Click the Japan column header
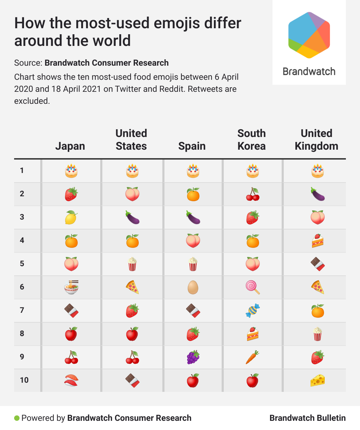tap(70, 146)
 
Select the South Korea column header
tap(251, 140)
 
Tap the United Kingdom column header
tap(316, 140)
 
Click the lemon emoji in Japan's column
tap(71, 217)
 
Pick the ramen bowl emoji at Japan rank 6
tap(71, 287)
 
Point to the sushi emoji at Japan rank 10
tap(71, 380)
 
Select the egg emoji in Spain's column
tap(193, 287)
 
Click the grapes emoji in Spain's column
tap(193, 357)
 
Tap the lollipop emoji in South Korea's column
tap(253, 287)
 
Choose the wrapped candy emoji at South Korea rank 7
tap(253, 310)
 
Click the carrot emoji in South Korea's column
tap(253, 357)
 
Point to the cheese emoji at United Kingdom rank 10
tap(317, 380)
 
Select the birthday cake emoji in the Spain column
tap(193, 171)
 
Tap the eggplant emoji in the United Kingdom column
tap(317, 194)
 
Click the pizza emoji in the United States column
tap(132, 287)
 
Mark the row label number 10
tap(24, 380)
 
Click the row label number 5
tap(22, 264)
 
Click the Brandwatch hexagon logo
tap(309, 35)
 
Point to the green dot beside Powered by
tap(17, 418)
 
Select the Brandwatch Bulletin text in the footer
tap(307, 418)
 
